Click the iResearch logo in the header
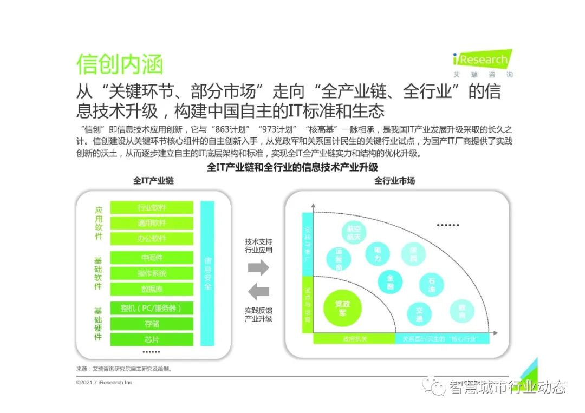(x=482, y=62)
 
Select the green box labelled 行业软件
(x=152, y=207)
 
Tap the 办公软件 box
(x=152, y=239)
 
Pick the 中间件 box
(x=152, y=258)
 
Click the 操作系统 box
(x=152, y=273)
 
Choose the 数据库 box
(x=152, y=289)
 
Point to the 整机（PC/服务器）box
(x=152, y=309)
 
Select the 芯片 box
(x=152, y=340)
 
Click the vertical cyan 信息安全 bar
(x=207, y=273)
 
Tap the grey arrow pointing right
(x=258, y=267)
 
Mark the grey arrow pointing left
(x=258, y=292)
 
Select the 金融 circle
(x=390, y=282)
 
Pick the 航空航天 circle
(x=354, y=232)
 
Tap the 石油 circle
(x=432, y=285)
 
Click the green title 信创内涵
(x=120, y=64)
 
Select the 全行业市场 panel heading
(x=394, y=181)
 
